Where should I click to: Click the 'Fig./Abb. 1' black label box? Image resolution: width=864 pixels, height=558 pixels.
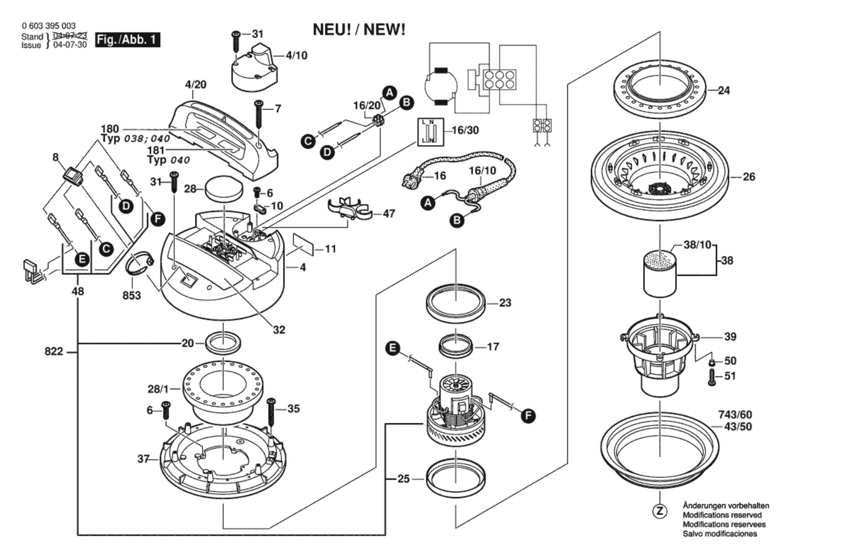point(128,40)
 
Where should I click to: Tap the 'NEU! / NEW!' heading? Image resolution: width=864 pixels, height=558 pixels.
point(359,29)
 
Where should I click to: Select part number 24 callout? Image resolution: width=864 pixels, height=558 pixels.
point(724,90)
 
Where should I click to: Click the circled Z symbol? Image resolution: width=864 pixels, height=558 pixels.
point(660,511)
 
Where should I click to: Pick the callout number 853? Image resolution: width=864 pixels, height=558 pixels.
point(132,295)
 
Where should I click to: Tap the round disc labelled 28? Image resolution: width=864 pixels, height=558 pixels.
point(224,189)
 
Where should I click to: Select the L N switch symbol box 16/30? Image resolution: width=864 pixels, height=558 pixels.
point(430,132)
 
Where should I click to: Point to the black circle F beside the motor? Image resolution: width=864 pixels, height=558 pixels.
point(528,416)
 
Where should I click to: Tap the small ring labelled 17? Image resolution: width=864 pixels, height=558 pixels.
point(456,346)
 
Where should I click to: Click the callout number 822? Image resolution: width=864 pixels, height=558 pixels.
point(54,351)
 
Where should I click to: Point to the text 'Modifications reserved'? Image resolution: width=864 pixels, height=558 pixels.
point(722,515)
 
